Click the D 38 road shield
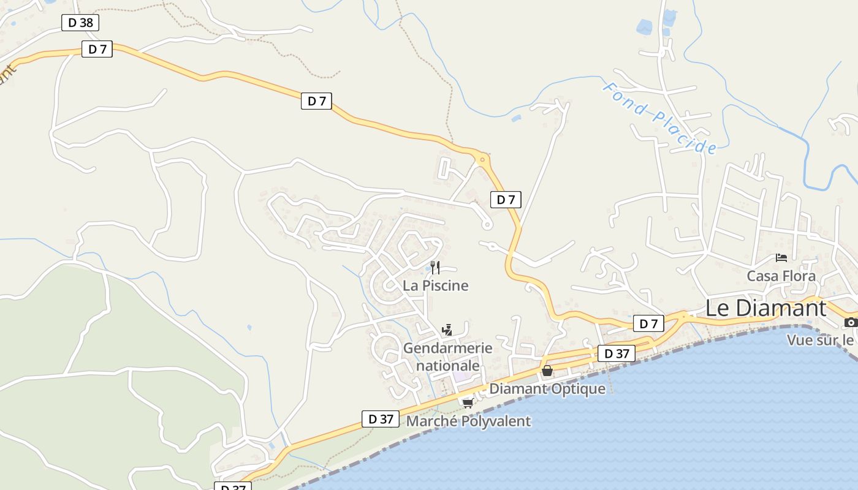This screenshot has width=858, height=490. [x=80, y=23]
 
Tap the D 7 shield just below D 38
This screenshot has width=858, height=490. [x=97, y=49]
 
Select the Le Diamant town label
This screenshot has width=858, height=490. [x=765, y=307]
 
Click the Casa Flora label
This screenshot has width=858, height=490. [x=781, y=276]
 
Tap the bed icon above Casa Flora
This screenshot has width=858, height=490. [x=781, y=258]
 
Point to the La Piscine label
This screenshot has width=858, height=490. [x=435, y=285]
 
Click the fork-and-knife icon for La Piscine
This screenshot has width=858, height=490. [x=435, y=268]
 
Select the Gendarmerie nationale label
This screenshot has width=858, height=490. [x=447, y=356]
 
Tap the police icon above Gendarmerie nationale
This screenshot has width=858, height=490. [x=447, y=330]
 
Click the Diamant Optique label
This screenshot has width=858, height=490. [x=547, y=388]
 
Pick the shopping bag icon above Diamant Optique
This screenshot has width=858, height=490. [x=547, y=371]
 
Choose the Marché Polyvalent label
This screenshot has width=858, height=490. [x=468, y=421]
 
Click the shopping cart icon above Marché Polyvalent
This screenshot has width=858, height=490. [x=468, y=403]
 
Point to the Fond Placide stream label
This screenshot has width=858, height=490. [x=659, y=118]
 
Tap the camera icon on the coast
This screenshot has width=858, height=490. [x=850, y=322]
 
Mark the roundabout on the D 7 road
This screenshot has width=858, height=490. [x=482, y=159]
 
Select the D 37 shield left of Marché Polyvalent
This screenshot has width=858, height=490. [x=381, y=419]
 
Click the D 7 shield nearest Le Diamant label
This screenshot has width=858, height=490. [x=648, y=323]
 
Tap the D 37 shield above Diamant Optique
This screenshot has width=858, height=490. [x=617, y=353]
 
